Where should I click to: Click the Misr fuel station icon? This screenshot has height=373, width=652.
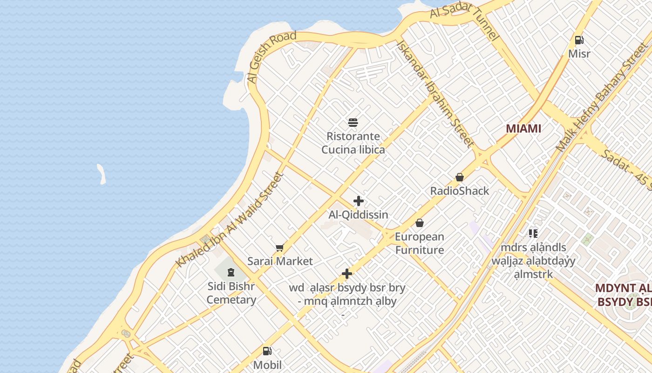point(579,40)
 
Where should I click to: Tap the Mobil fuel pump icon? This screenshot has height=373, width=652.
point(267,351)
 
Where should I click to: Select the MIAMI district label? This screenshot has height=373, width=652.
point(523,129)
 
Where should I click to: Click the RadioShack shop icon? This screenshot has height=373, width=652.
point(460,177)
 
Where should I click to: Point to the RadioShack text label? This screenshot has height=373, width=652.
point(460,191)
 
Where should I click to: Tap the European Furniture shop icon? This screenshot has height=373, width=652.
point(420,223)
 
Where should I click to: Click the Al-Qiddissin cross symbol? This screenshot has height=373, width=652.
point(359,201)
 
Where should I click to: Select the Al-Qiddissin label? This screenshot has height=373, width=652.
point(359,215)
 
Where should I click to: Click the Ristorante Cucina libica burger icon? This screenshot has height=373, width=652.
point(353,123)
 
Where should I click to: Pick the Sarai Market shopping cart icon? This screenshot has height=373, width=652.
point(279,248)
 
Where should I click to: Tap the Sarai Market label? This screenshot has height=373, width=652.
point(280,261)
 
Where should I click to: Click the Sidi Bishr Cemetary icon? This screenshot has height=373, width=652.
point(231,272)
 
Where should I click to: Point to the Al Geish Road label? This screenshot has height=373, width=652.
point(272,57)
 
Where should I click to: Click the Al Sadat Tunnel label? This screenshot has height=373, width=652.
point(464,21)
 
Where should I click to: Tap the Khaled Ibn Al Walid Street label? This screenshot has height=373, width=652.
point(229,221)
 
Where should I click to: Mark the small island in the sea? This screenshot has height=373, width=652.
point(101,173)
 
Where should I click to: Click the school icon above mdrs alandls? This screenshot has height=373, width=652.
point(533,233)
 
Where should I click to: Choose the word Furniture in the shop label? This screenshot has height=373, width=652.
point(420,250)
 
